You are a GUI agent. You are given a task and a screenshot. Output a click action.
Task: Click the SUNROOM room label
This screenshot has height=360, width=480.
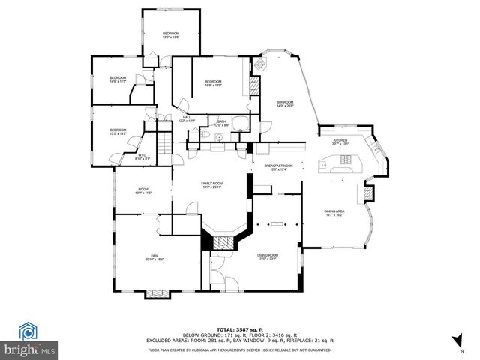click(x=285, y=103)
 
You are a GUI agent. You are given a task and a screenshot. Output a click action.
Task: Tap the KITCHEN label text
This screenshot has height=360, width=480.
click(x=341, y=140)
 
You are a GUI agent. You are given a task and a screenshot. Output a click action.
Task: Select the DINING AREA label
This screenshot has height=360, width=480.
click(x=334, y=213)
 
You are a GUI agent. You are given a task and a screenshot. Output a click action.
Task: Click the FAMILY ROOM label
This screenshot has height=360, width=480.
click(x=211, y=184)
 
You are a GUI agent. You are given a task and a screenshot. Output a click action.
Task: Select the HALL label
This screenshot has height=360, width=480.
click(x=187, y=118)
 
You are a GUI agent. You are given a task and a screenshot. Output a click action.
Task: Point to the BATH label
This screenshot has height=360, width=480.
click(x=222, y=122)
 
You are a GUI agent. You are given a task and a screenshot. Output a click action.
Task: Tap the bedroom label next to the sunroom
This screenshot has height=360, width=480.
click(x=214, y=82)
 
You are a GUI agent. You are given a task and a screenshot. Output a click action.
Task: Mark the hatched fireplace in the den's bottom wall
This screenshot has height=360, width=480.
click(x=158, y=292)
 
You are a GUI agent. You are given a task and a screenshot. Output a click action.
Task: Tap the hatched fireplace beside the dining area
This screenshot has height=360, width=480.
click(x=367, y=193)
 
